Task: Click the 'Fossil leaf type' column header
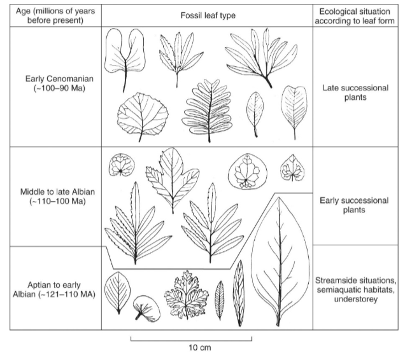(207, 14)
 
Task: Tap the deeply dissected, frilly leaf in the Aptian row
(186, 293)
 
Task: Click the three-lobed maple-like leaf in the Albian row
(168, 175)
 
